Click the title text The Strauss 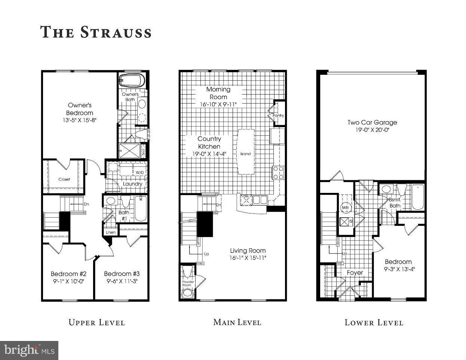[x=96, y=32]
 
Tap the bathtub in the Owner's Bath [x=132, y=81]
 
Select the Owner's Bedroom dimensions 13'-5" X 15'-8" [x=80, y=120]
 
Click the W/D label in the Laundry [x=140, y=172]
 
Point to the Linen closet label [x=111, y=232]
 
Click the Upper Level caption [x=96, y=322]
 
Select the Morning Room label [x=218, y=93]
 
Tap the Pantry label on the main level [x=278, y=116]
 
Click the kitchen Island [x=246, y=153]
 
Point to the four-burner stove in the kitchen [x=278, y=173]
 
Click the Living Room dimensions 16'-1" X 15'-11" [x=248, y=258]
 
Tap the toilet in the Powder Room [x=187, y=292]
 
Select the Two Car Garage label [x=372, y=122]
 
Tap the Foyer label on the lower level [x=355, y=273]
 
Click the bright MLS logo [x=29, y=351]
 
